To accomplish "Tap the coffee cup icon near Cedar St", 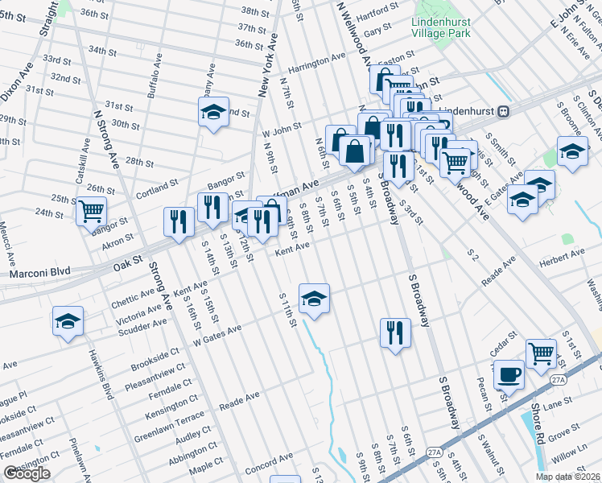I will pos(508,374).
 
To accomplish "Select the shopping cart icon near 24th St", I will pos(91,211).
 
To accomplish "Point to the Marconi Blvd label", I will pos(36,275).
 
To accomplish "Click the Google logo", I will pos(27,473).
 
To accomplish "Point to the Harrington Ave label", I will pos(317,62).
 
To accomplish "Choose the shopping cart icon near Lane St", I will pos(541,353).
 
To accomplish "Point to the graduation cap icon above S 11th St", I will pos(313,298).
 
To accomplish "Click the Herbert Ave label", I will pos(563,254).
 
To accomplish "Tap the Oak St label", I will pos(127,262).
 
